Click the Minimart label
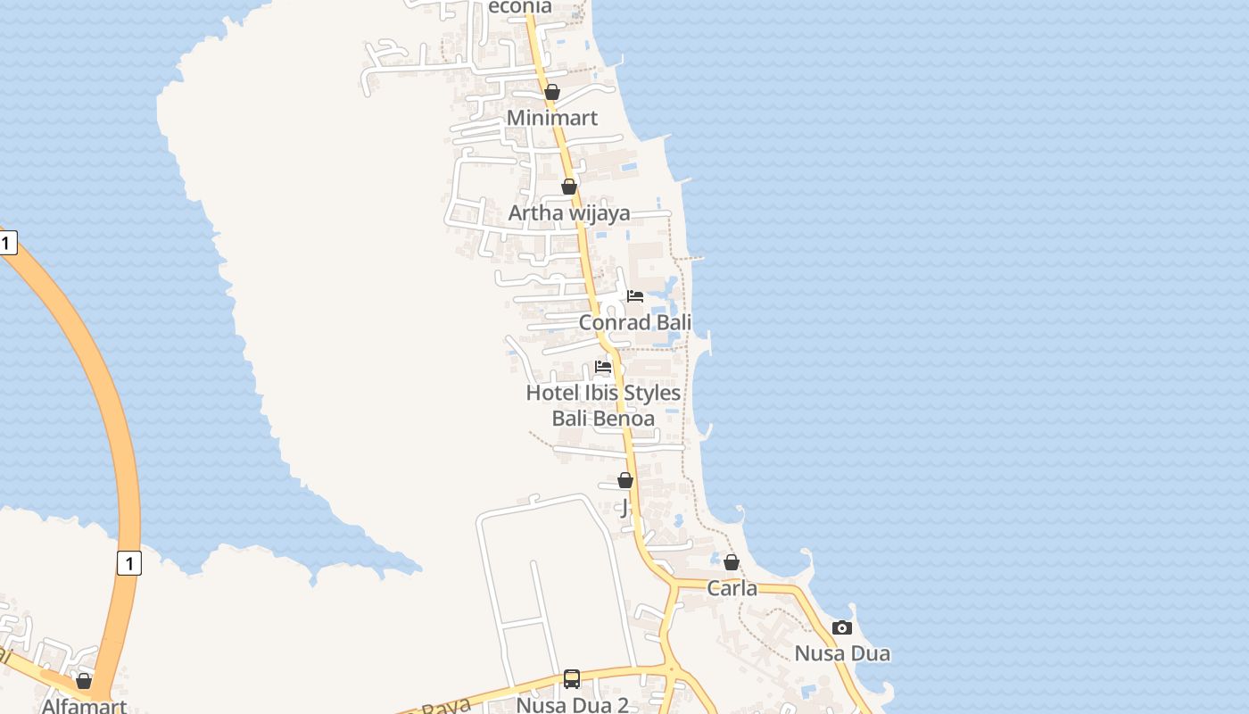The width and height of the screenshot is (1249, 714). coord(552,118)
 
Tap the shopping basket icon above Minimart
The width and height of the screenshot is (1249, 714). coord(552,92)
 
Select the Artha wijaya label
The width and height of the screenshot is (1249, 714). coord(569,212)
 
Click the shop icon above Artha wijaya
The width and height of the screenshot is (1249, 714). coord(569,187)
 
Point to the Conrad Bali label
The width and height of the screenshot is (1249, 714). coord(635,322)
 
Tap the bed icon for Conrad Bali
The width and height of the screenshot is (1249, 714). coord(635,296)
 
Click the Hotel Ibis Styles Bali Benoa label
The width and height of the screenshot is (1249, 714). coord(603,405)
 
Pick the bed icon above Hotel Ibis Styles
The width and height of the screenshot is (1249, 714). coord(603,367)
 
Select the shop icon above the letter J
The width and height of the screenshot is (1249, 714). coord(625,481)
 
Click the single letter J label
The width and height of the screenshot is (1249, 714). coord(624,508)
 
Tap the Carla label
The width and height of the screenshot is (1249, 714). coord(732,588)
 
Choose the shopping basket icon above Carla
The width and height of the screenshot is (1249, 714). coord(732,562)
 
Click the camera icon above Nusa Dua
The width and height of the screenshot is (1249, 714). coord(842,628)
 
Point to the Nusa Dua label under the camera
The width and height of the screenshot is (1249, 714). coord(842,653)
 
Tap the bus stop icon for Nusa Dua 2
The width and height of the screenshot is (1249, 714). coord(572,679)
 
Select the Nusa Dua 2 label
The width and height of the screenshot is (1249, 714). coord(572,705)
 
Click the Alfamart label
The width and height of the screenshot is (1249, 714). coord(84,706)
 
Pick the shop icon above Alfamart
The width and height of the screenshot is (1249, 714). coord(84,682)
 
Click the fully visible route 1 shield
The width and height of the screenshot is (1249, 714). coord(129,563)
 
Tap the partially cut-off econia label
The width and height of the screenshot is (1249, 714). coord(520,7)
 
